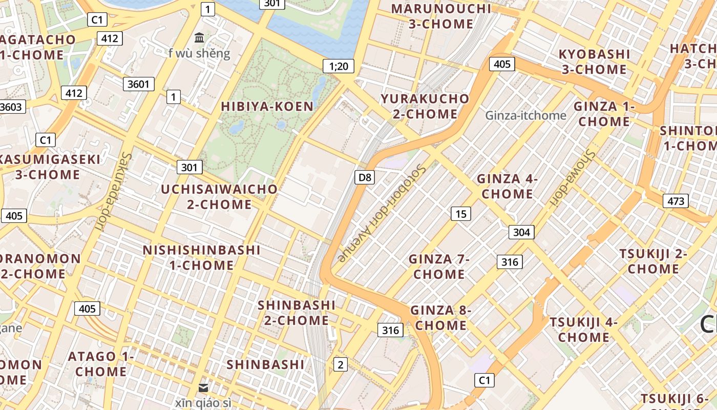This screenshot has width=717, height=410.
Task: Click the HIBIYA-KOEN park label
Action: point(267,107)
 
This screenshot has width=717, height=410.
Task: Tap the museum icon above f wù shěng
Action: point(199,37)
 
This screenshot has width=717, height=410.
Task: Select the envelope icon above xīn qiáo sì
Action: point(203,388)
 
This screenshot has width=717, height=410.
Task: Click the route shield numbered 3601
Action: point(138,84)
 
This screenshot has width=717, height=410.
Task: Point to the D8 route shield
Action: point(365,178)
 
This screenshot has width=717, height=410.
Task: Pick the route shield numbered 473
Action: point(676,201)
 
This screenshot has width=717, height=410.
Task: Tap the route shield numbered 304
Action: point(521,232)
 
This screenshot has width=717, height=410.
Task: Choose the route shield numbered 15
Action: point(461,214)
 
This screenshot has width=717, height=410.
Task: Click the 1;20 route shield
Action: point(339,66)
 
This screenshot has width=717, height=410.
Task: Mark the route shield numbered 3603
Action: point(11,107)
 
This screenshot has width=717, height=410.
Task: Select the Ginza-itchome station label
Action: point(525,115)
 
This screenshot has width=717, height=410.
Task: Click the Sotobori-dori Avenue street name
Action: point(382,213)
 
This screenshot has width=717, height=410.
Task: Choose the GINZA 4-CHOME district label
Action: point(507,186)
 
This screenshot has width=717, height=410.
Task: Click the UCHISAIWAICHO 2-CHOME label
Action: point(219,197)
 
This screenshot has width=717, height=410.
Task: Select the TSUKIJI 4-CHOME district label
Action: point(584,330)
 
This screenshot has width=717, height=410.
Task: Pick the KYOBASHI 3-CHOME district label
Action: point(594,61)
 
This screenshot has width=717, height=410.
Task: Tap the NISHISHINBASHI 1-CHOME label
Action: point(202,257)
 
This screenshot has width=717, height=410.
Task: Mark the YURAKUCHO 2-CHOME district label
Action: point(425,106)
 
